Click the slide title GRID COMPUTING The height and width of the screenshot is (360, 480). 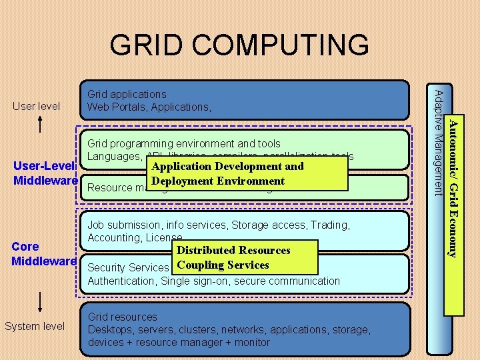pyautogui.click(x=239, y=45)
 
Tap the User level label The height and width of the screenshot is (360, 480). pyautogui.click(x=36, y=106)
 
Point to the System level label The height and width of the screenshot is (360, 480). pyautogui.click(x=35, y=326)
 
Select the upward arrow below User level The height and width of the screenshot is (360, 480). pyautogui.click(x=41, y=125)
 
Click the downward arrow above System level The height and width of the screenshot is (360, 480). pyautogui.click(x=41, y=301)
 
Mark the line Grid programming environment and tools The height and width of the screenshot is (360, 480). pyautogui.click(x=184, y=143)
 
